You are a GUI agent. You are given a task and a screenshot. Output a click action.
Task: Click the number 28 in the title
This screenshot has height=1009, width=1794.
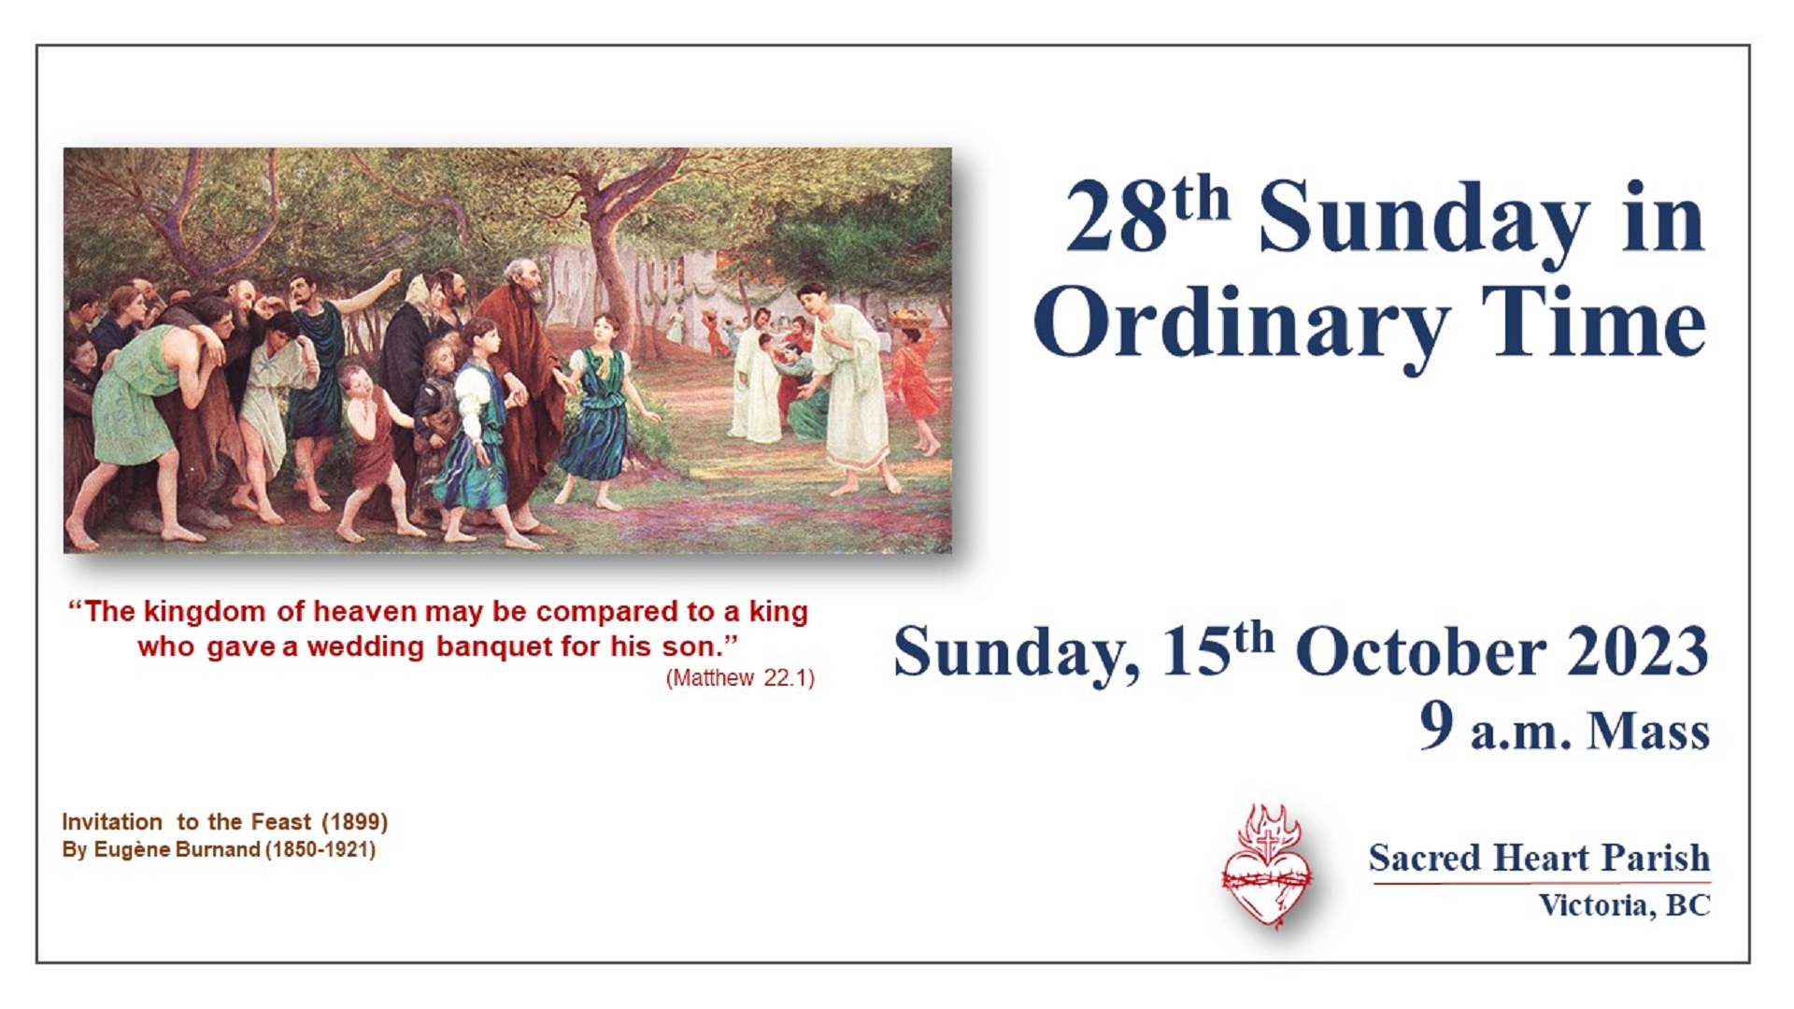click(x=1117, y=219)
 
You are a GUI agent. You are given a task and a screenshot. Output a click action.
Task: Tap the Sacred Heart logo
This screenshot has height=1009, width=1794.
click(x=1266, y=865)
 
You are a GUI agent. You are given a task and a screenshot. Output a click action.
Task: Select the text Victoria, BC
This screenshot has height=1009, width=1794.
click(x=1625, y=904)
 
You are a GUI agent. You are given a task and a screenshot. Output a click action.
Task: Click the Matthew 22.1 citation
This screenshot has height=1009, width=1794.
click(x=740, y=678)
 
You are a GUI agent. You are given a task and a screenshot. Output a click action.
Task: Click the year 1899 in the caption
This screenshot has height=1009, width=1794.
click(x=354, y=822)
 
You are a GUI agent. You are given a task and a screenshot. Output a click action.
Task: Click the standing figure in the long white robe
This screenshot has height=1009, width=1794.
click(x=846, y=388)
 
